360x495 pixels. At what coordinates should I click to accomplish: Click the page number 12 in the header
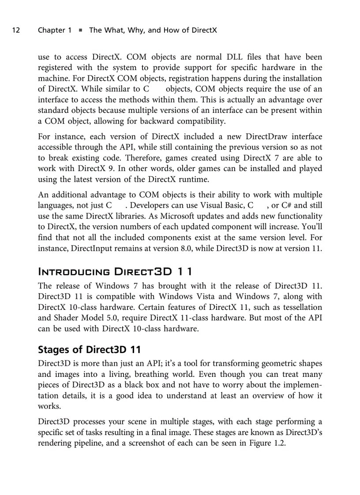coord(16,30)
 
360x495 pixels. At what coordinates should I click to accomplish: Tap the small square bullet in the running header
coord(80,30)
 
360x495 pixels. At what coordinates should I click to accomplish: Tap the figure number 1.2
coord(278,443)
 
